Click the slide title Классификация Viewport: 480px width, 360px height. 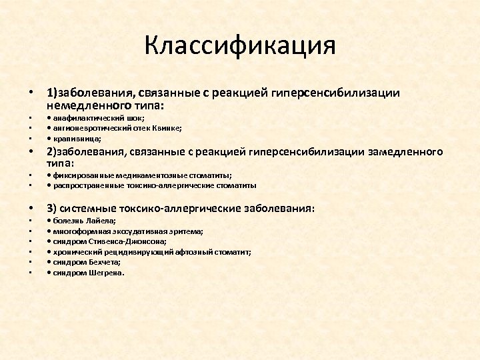239,46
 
